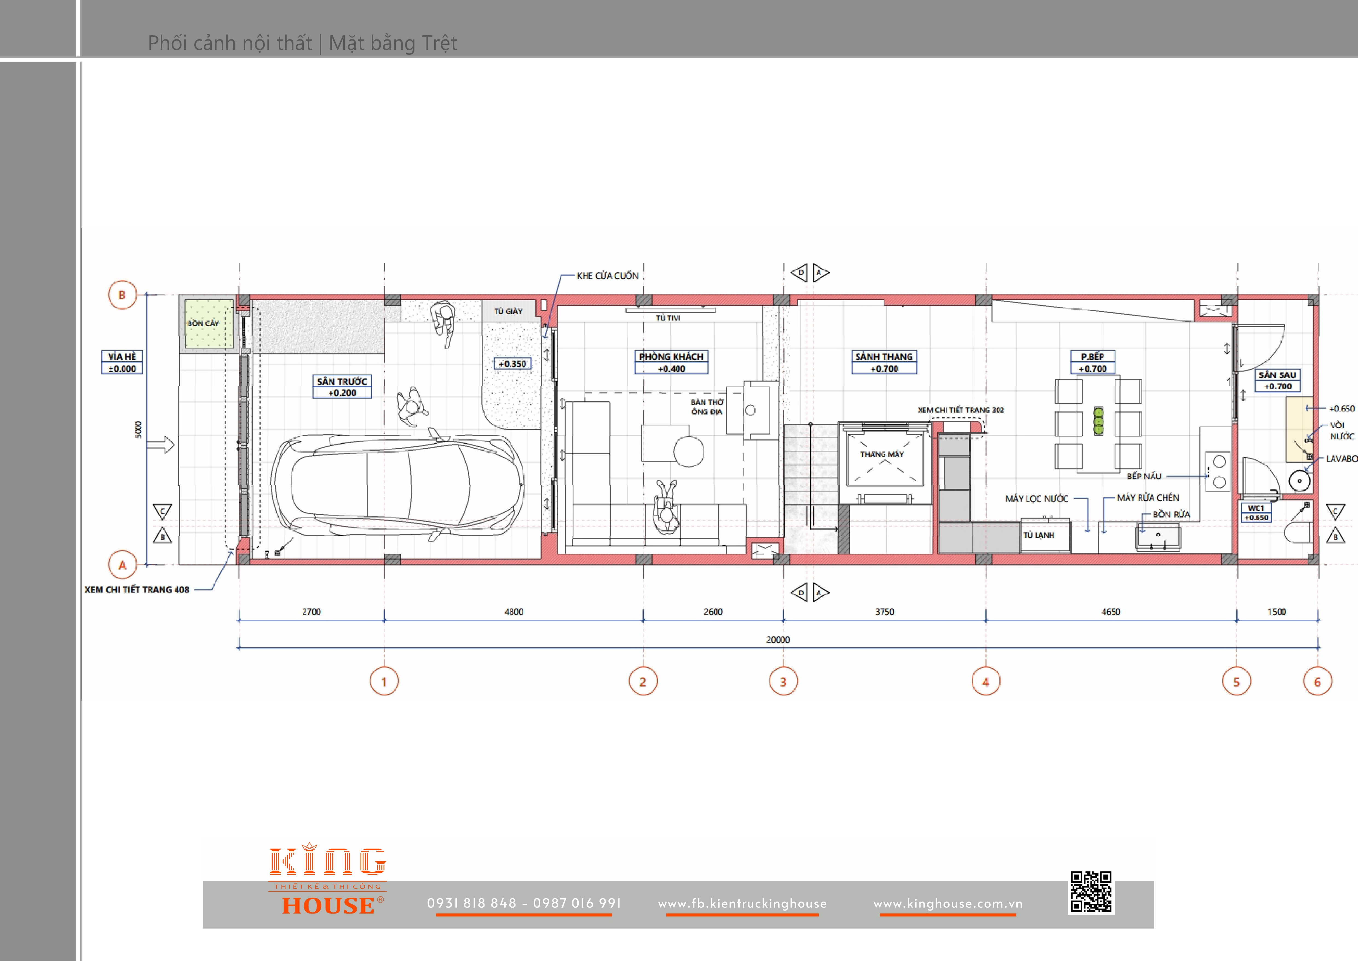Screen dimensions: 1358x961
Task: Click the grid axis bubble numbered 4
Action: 985,682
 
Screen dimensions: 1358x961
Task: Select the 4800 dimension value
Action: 514,612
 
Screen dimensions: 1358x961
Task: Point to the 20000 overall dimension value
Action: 778,640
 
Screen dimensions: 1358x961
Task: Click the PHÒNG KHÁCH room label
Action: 671,356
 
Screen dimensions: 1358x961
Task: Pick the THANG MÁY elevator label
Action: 882,454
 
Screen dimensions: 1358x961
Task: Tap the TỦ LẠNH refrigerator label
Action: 1039,535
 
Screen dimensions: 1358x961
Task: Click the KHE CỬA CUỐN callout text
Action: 607,276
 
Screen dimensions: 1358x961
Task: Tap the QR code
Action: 1091,891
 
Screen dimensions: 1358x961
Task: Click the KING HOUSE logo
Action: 328,880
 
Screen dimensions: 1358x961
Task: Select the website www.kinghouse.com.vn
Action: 948,903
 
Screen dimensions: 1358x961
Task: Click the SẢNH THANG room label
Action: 884,356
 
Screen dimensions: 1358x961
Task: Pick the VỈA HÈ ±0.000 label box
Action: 122,362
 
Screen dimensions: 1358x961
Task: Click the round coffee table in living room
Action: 688,451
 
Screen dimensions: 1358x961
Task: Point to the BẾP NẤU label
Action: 1144,476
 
